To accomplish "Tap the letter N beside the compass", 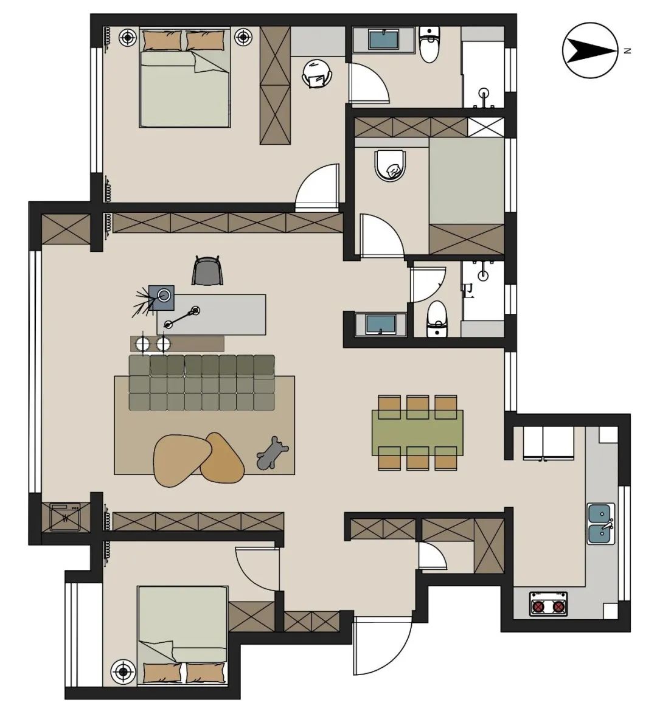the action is click(627, 51).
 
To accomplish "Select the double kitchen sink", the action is click(601, 523).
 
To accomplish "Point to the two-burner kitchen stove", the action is click(549, 603).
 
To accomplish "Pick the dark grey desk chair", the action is click(207, 271).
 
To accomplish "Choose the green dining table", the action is click(417, 432).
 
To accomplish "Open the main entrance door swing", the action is click(382, 646).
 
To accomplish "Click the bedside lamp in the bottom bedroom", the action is click(123, 671).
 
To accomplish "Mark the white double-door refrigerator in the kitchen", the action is click(542, 443).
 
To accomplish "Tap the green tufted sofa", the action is click(202, 383).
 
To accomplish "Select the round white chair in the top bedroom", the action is click(317, 74).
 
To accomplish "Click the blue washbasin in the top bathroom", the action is click(384, 40).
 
